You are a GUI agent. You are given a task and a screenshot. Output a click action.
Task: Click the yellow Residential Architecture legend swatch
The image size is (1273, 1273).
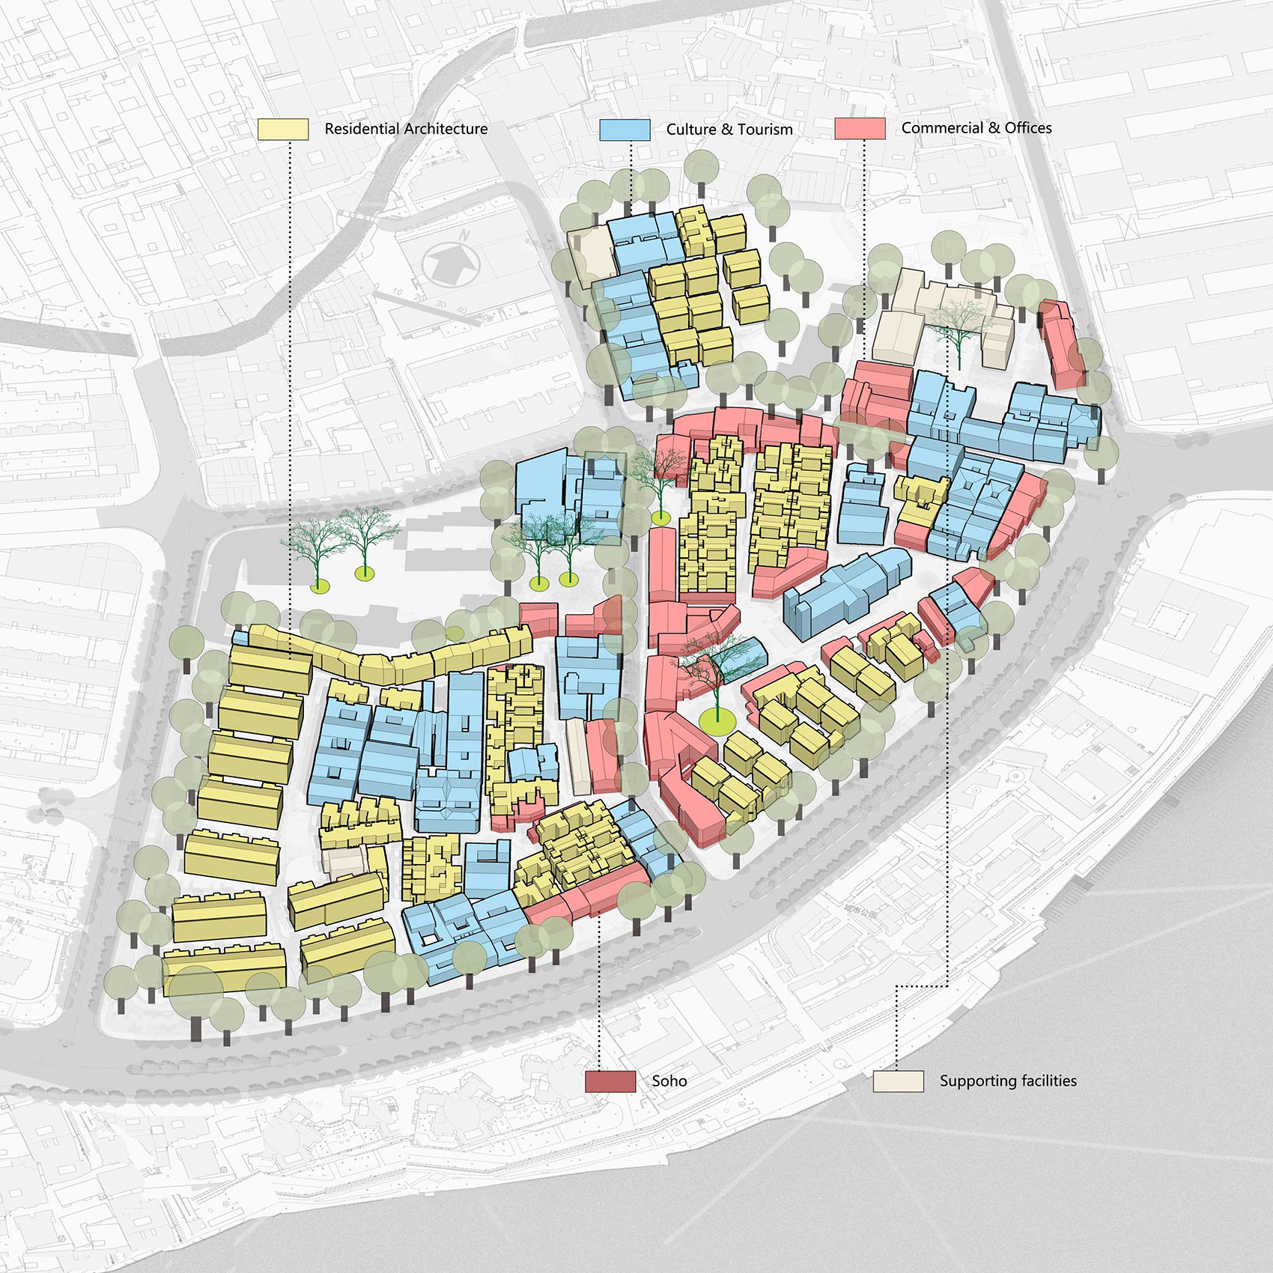[x=283, y=129]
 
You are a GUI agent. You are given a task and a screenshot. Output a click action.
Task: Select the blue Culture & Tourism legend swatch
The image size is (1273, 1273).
[x=625, y=130]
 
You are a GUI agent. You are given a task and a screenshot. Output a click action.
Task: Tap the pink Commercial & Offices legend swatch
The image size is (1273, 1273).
[x=860, y=128]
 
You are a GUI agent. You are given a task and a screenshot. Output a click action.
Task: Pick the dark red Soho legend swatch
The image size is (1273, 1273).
[x=610, y=1081]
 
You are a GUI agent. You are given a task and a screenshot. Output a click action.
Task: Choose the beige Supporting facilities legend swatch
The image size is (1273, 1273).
[x=898, y=1081]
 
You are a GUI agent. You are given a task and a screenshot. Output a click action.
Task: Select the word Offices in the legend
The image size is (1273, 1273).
[x=1027, y=128]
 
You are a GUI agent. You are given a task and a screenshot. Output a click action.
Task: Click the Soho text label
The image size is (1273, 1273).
[x=669, y=1081]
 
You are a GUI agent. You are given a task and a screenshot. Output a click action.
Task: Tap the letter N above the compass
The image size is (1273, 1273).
[x=464, y=236]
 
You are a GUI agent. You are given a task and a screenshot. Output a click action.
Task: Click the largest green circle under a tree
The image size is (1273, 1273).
[x=717, y=720]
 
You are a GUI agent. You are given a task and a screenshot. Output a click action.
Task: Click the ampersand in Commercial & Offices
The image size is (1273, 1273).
[x=994, y=128]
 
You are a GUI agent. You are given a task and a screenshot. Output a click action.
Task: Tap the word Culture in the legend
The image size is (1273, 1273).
[x=691, y=130]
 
